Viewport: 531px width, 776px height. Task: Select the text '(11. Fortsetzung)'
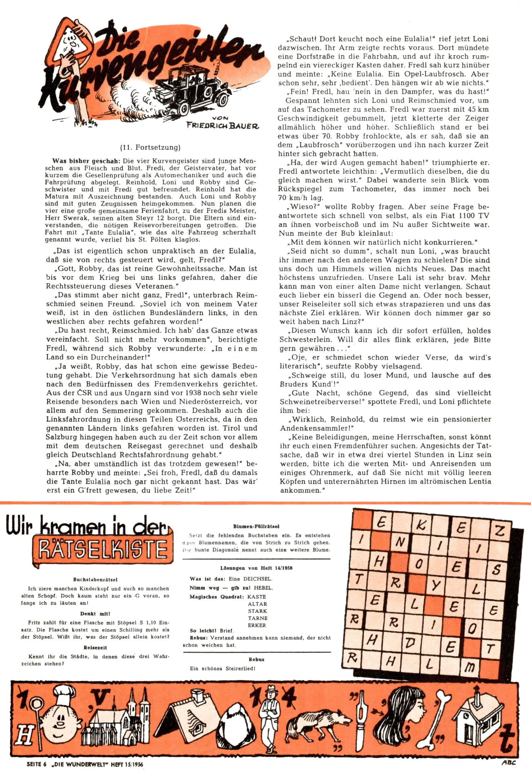[150, 147]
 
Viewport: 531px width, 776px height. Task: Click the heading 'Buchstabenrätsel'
[95, 580]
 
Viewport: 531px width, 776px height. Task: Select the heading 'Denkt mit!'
[95, 613]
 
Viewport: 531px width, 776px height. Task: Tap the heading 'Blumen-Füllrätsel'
[256, 526]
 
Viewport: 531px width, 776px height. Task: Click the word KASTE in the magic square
[257, 597]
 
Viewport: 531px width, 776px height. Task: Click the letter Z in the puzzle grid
[499, 531]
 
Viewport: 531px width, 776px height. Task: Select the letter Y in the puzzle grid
[435, 585]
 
